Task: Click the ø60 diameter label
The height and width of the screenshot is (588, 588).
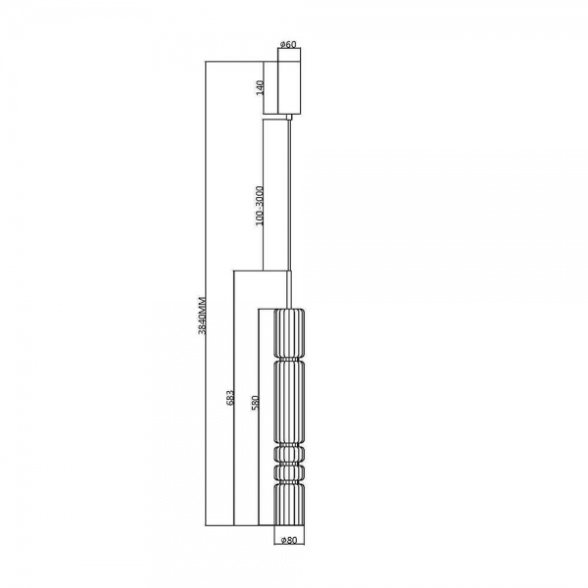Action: coord(288,44)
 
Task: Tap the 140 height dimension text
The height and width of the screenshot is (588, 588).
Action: coord(261,88)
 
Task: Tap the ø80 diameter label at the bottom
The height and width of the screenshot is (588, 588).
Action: coord(288,539)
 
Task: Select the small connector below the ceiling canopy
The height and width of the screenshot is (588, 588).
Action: coord(289,116)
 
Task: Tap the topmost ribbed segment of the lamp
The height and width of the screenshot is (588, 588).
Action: coord(288,333)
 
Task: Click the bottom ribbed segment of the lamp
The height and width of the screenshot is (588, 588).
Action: coord(288,504)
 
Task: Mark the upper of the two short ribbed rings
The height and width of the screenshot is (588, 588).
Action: coord(288,452)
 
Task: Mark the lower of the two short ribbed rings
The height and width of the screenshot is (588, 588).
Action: coord(288,472)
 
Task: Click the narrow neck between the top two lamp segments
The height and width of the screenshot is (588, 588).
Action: coord(288,360)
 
